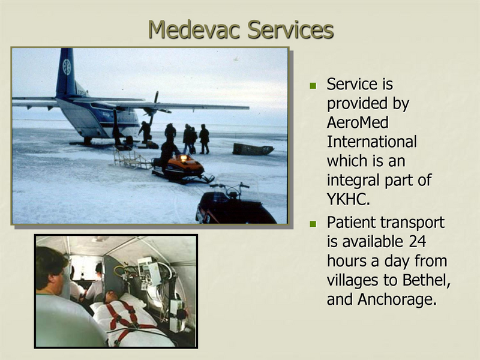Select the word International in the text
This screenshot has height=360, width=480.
371,142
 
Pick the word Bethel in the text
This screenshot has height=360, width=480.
427,280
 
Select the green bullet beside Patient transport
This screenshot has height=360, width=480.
313,224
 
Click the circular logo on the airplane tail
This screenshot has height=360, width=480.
67,67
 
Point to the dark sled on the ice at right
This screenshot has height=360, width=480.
252,149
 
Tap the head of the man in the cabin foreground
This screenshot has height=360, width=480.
52,267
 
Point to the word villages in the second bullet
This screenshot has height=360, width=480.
354,280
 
